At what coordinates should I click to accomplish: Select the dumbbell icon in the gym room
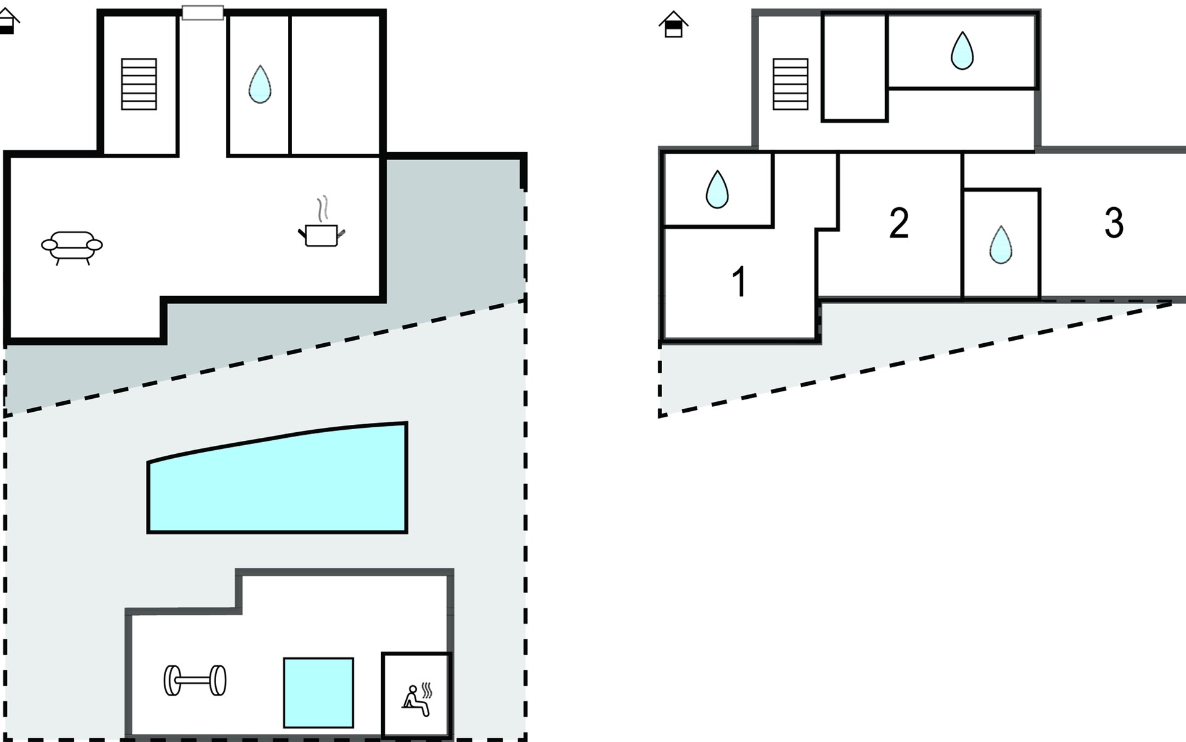click(x=195, y=680)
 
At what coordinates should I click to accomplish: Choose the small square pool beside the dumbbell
click(x=318, y=693)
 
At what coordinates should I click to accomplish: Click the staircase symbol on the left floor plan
click(x=139, y=84)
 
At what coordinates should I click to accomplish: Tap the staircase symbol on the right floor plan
click(x=790, y=84)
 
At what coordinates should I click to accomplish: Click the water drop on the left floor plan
click(x=259, y=84)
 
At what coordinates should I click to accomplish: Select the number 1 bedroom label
click(x=739, y=282)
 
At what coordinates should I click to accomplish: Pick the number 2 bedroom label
click(x=899, y=223)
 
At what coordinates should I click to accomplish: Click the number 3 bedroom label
click(x=1114, y=223)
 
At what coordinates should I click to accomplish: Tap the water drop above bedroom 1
click(x=717, y=189)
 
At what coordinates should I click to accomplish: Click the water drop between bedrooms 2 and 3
click(x=1001, y=245)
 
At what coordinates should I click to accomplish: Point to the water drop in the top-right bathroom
click(x=962, y=51)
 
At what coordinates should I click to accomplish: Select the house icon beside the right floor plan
click(x=673, y=25)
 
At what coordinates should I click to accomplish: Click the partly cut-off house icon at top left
click(x=7, y=21)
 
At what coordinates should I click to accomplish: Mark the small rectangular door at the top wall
click(x=203, y=12)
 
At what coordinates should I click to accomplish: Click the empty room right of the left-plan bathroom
click(x=335, y=84)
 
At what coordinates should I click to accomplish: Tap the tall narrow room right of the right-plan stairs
click(x=854, y=67)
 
